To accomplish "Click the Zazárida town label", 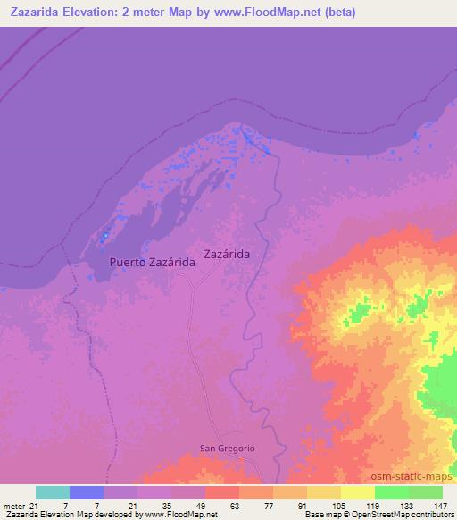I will pyautogui.click(x=227, y=254).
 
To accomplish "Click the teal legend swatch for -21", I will pyautogui.click(x=52, y=492).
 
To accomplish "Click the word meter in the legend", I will pyautogui.click(x=15, y=504).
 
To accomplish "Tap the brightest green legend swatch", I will pyautogui.click(x=392, y=492).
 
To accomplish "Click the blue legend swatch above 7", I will pyautogui.click(x=86, y=492).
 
